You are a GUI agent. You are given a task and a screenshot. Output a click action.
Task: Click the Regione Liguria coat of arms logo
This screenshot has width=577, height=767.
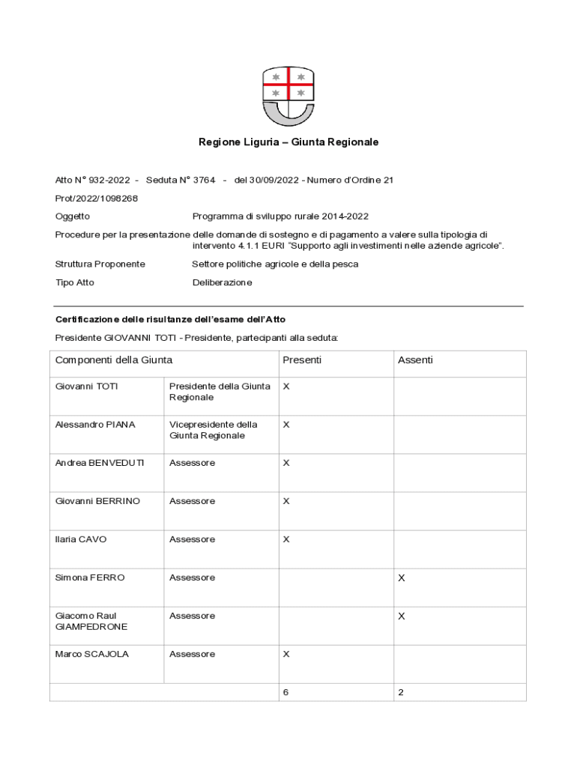pos(288,96)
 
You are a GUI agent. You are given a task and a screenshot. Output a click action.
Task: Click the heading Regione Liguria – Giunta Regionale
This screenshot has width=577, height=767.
pos(288,142)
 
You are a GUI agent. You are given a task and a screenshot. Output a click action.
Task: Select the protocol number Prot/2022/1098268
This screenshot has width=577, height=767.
pos(97,198)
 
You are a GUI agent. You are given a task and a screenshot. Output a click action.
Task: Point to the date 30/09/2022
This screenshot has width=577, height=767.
pos(278,181)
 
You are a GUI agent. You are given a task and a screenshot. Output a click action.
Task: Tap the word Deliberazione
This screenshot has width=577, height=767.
pos(222,283)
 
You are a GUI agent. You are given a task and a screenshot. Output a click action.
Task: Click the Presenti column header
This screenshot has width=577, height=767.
pos(302,360)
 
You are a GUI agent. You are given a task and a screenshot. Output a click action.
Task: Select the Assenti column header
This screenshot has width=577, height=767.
pos(415,360)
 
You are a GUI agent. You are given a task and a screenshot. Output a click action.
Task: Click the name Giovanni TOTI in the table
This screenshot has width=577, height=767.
pos(87,386)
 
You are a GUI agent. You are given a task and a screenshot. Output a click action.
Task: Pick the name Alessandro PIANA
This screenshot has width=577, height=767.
pos(95,425)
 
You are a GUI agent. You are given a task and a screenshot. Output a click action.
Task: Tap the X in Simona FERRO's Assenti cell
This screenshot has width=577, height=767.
pos(402,578)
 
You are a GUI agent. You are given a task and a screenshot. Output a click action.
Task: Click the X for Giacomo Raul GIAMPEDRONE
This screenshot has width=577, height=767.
pos(402,616)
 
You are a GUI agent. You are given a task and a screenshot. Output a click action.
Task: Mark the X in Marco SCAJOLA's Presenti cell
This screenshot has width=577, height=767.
pos(286,655)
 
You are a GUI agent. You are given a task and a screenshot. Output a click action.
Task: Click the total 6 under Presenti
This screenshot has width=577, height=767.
pos(286,693)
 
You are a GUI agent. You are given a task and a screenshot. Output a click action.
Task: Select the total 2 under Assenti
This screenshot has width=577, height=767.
pos(401,693)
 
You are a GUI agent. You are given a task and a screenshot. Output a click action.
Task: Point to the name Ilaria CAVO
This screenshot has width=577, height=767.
pos(76,539)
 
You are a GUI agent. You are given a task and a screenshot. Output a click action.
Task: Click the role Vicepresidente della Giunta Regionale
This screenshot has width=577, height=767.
pos(213,430)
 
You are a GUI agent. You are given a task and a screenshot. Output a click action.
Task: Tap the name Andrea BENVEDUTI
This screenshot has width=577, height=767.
pos(100,463)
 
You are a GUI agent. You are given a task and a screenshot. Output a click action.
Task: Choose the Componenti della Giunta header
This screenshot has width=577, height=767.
pos(114,360)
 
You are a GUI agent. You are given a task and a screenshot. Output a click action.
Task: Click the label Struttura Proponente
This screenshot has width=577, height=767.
pos(100,264)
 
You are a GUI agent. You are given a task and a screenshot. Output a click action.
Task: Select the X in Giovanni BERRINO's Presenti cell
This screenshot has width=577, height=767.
pos(286,501)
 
